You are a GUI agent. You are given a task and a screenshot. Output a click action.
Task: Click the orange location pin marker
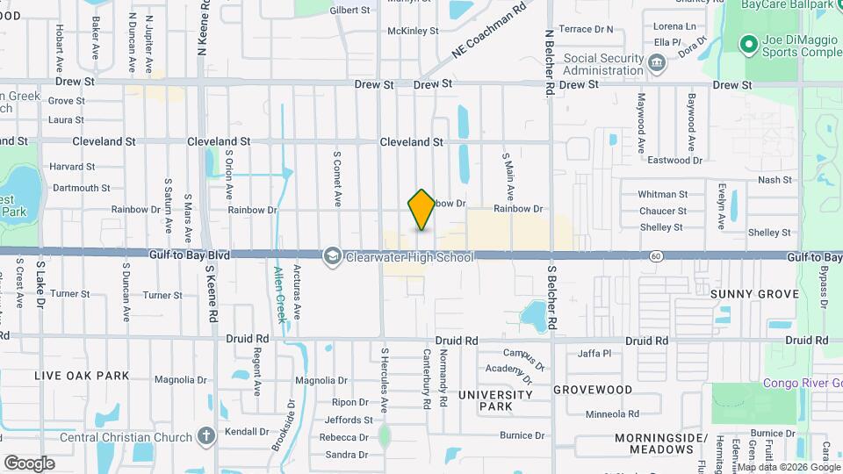(x=421, y=210)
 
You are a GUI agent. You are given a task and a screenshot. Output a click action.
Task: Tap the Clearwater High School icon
(x=332, y=256)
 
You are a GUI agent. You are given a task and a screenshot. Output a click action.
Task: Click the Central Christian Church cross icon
(x=205, y=436)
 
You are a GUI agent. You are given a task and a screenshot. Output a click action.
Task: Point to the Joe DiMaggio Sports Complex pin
(x=749, y=44)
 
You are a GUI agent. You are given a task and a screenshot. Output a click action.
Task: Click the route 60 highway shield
(x=656, y=256)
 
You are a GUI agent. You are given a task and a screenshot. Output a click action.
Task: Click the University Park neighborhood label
(x=496, y=401)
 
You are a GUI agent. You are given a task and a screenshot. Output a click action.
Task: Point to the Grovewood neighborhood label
(x=592, y=389)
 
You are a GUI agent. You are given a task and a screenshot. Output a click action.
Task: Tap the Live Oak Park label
(x=82, y=376)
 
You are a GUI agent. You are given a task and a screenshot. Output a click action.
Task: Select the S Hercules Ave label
(x=384, y=382)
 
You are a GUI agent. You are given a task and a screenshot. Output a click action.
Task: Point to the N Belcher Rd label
(x=548, y=62)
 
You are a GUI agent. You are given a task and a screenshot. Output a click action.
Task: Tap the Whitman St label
(x=662, y=194)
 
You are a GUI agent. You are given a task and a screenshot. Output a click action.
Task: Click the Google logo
(x=29, y=463)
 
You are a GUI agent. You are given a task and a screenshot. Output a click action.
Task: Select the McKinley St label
(x=413, y=31)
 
